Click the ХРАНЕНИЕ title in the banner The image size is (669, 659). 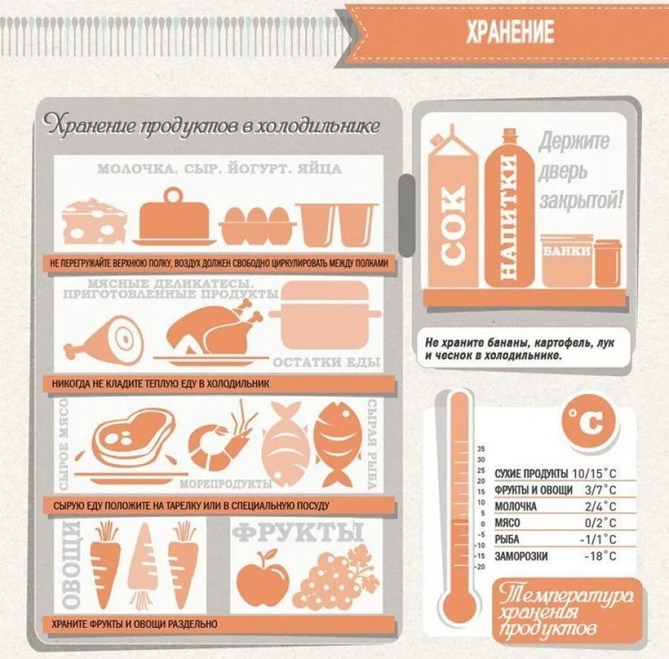click(x=510, y=33)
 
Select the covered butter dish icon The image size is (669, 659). click(x=175, y=217)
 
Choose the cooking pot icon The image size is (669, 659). click(x=326, y=316)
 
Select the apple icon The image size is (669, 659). click(x=263, y=578)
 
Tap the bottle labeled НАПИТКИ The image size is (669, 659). click(x=508, y=215)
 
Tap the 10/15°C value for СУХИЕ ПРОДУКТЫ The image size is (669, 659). click(x=594, y=473)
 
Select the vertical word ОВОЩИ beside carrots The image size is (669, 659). click(x=71, y=565)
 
